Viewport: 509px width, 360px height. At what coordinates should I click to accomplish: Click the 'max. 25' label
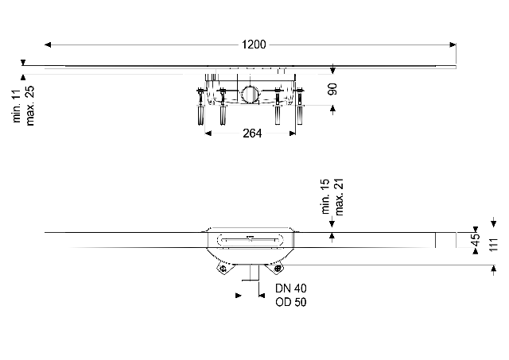pos(30,95)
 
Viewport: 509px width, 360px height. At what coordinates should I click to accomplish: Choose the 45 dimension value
pos(474,239)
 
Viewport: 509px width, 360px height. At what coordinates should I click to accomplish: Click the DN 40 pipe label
pos(290,288)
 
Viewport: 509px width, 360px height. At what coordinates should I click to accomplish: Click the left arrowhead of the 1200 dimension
pos(48,44)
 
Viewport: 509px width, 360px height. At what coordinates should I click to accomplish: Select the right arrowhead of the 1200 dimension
pos(453,44)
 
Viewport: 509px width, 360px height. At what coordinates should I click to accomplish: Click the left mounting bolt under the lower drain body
pos(223,270)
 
